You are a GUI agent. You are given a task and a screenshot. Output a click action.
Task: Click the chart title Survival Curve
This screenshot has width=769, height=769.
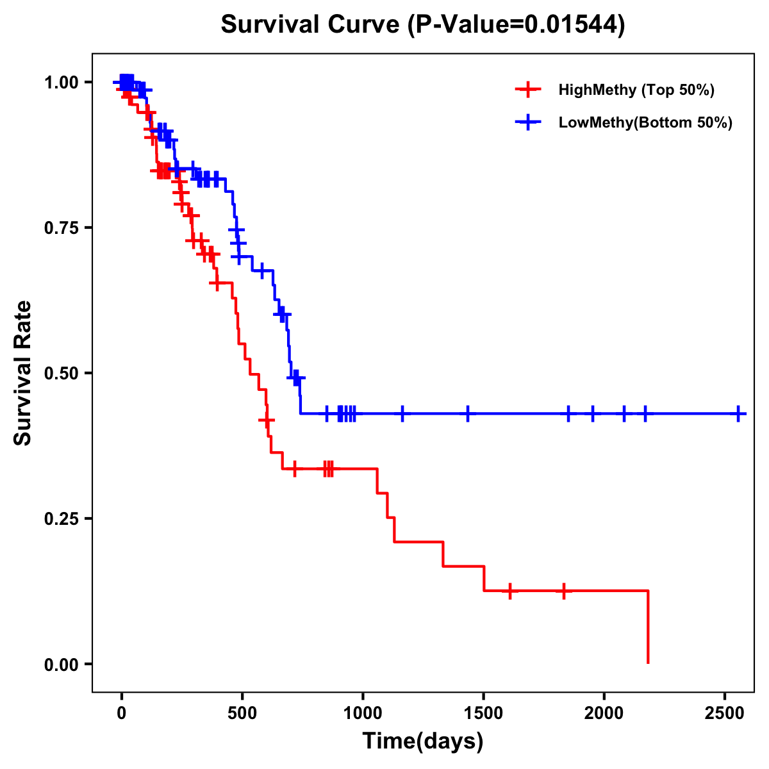click(x=422, y=24)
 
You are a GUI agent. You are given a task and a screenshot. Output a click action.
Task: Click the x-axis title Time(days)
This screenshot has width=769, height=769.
click(x=423, y=741)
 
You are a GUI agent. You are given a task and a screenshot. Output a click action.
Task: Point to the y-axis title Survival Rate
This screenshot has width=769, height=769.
click(x=23, y=373)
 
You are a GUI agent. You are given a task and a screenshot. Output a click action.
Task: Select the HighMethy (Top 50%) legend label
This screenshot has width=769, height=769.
click(x=636, y=90)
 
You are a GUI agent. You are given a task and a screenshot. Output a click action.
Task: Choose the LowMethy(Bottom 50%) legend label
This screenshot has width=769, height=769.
click(x=645, y=122)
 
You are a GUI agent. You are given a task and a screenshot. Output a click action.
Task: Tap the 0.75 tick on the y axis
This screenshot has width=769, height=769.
click(x=61, y=227)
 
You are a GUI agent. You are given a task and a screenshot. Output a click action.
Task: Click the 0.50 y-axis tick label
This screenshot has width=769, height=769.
click(x=61, y=373)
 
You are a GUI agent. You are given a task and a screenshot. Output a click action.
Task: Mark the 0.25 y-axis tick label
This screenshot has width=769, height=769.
click(x=61, y=518)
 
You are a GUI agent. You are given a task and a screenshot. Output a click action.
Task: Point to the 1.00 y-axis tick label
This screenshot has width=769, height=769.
click(x=61, y=82)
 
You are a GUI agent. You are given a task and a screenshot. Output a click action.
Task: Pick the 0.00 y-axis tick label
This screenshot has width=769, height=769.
click(x=61, y=664)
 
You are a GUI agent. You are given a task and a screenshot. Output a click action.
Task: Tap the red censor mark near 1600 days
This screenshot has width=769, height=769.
click(x=510, y=591)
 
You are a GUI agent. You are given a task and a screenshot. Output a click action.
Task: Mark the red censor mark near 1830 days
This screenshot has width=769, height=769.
click(x=564, y=591)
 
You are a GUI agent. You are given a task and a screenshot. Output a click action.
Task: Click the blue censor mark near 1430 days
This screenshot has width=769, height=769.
click(x=467, y=413)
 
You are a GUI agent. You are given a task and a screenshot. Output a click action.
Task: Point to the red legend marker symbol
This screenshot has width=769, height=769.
click(x=527, y=90)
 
